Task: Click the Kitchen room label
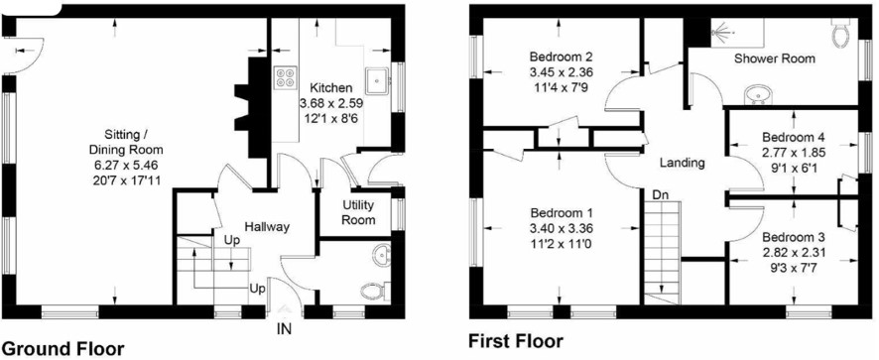[x=332, y=88]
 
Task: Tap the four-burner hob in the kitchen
[x=285, y=77]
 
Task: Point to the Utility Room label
[x=359, y=212]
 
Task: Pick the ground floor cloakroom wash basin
[x=382, y=255]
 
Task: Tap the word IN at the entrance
[x=285, y=329]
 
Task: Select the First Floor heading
[x=516, y=341]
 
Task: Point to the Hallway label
[x=267, y=227]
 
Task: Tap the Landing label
[x=682, y=164]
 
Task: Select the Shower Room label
[x=775, y=58]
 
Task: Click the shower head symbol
[x=720, y=32]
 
